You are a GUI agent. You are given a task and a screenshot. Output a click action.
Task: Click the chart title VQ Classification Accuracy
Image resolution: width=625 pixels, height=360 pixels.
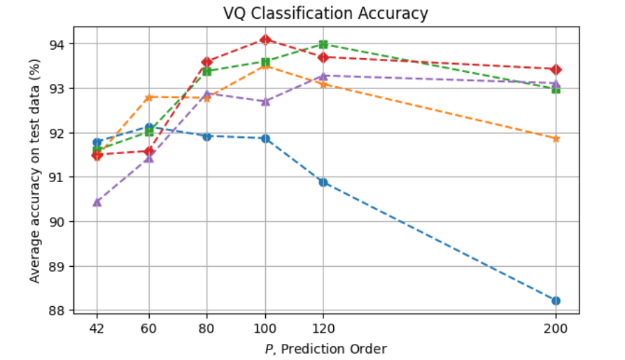pyautogui.click(x=325, y=13)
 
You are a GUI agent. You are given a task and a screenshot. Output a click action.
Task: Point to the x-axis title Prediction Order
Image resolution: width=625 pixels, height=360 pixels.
pyautogui.click(x=325, y=348)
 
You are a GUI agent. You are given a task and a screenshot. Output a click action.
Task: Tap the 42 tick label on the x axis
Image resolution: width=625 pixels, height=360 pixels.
pyautogui.click(x=97, y=327)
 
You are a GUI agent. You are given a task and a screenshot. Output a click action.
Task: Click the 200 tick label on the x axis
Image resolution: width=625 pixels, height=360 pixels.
pyautogui.click(x=556, y=327)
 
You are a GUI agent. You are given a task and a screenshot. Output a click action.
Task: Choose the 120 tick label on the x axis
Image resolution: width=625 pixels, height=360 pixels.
pyautogui.click(x=323, y=327)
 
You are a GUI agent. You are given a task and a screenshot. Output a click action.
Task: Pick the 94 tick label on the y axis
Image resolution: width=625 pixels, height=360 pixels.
pyautogui.click(x=57, y=44)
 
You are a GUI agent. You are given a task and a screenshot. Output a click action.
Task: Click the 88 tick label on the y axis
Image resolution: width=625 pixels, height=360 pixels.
pyautogui.click(x=57, y=310)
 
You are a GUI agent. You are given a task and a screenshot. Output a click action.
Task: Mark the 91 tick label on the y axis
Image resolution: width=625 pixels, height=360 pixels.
pyautogui.click(x=57, y=177)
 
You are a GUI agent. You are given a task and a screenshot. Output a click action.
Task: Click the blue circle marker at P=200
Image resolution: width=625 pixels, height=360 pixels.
pyautogui.click(x=556, y=300)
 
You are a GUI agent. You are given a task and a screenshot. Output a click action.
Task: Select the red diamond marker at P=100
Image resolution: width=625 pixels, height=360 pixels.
pyautogui.click(x=265, y=39)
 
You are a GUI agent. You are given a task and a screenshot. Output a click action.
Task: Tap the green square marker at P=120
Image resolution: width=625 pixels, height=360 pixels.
pyautogui.click(x=323, y=44)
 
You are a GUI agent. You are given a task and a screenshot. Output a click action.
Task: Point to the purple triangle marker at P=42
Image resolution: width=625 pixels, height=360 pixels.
pyautogui.click(x=97, y=202)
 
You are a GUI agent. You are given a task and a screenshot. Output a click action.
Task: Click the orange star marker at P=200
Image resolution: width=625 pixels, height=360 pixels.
pyautogui.click(x=556, y=139)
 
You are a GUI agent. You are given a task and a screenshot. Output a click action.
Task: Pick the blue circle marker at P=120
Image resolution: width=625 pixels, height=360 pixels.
pyautogui.click(x=323, y=182)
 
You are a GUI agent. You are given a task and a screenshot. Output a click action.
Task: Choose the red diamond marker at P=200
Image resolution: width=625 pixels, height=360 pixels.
pyautogui.click(x=556, y=69)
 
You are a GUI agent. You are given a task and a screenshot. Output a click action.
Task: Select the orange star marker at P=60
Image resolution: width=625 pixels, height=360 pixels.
pyautogui.click(x=148, y=97)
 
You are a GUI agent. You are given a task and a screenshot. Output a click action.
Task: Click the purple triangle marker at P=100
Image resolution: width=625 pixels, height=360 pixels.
pyautogui.click(x=265, y=102)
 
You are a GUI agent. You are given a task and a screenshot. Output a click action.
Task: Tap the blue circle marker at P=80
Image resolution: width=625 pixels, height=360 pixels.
pyautogui.click(x=207, y=136)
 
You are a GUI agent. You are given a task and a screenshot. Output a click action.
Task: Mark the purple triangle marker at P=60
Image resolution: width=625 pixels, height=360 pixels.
pyautogui.click(x=148, y=158)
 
